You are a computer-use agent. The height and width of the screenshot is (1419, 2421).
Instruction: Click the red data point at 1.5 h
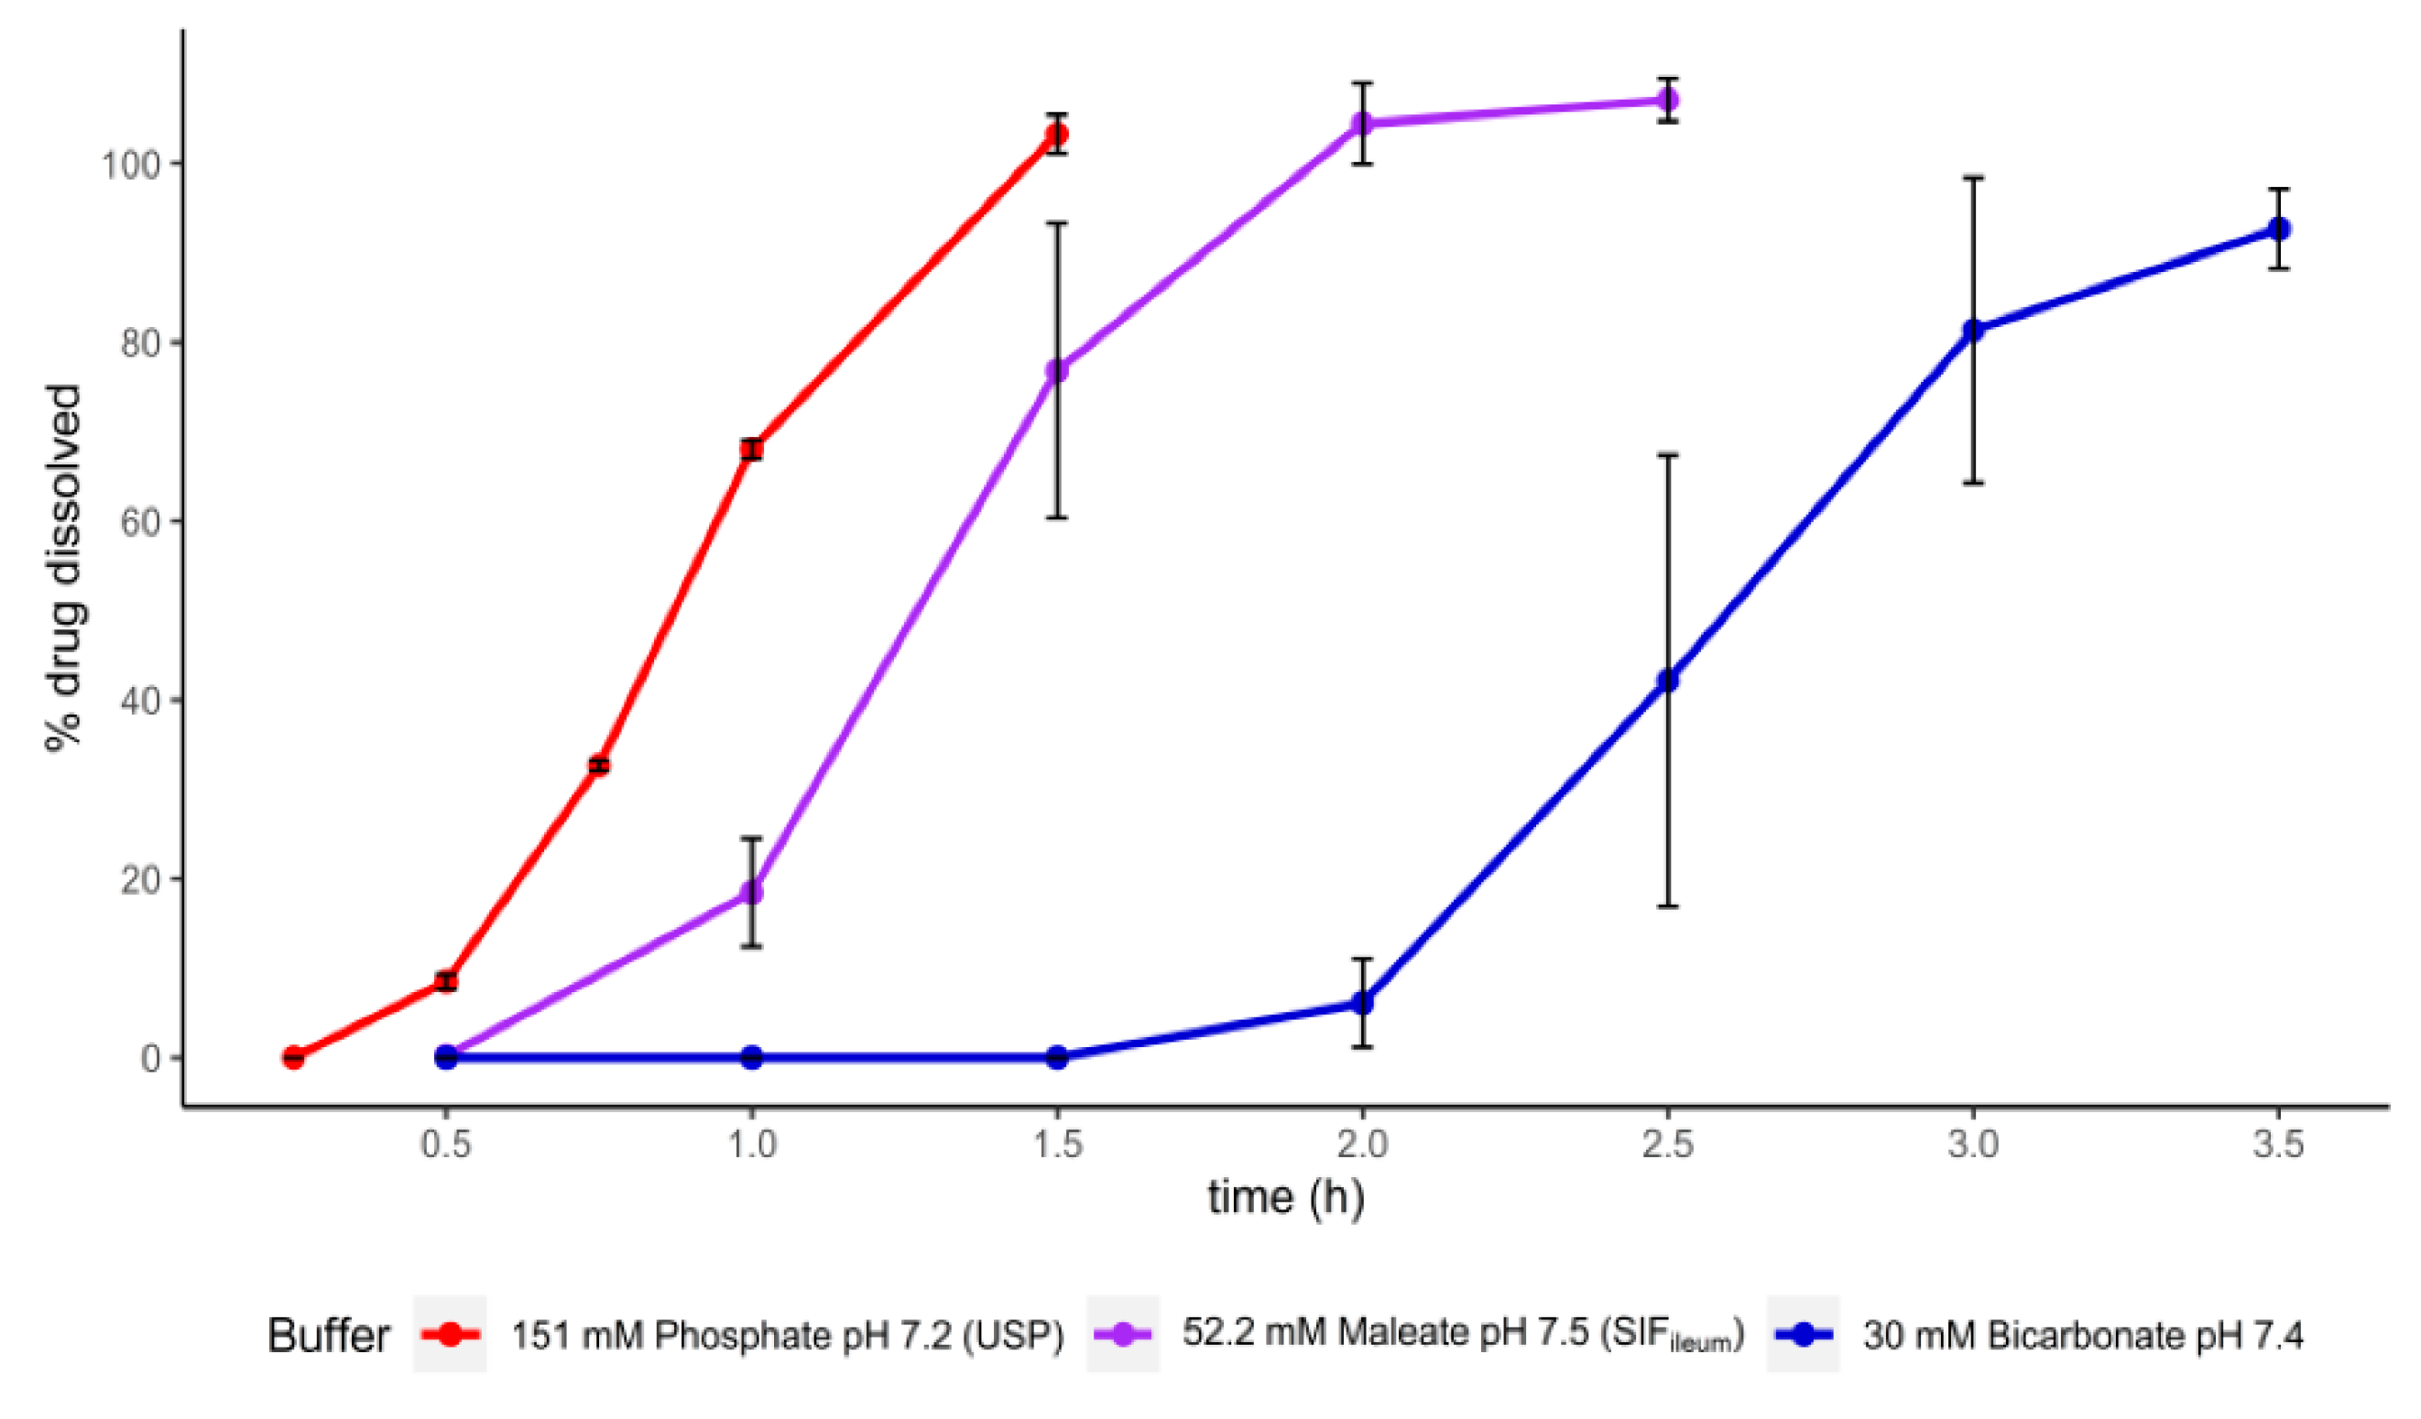coord(1057,135)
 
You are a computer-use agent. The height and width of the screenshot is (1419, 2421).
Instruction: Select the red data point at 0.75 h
coord(598,766)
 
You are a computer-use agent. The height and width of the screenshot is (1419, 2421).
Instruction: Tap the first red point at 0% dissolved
coord(293,1058)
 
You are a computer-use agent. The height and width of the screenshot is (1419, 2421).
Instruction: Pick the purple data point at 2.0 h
coord(1362,123)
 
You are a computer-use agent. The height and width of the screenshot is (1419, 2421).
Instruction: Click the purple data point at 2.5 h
coord(1668,100)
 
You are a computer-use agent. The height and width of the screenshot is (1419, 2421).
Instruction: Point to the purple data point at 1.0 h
coord(751,892)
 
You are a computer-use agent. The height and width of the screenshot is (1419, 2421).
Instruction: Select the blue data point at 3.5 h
coord(2279,229)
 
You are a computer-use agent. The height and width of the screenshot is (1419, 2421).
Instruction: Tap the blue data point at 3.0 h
coord(1973,331)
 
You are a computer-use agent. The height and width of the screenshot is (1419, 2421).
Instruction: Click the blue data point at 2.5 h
coord(1668,681)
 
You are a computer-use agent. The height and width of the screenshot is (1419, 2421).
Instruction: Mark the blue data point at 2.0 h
coord(1362,1003)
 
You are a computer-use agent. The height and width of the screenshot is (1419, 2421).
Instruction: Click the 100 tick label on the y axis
coord(130,165)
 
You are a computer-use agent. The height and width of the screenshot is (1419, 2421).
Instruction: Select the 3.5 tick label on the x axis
coord(2279,1145)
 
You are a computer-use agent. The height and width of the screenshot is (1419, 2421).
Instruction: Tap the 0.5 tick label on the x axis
coord(446,1145)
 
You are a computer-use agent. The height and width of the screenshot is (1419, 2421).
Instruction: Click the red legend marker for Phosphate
coord(450,1335)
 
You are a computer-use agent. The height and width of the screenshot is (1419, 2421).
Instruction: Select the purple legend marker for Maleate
coord(1122,1335)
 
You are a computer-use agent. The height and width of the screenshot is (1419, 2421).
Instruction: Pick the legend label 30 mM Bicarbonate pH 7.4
coord(2083,1336)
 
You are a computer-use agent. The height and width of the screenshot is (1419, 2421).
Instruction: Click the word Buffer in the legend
coord(329,1336)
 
